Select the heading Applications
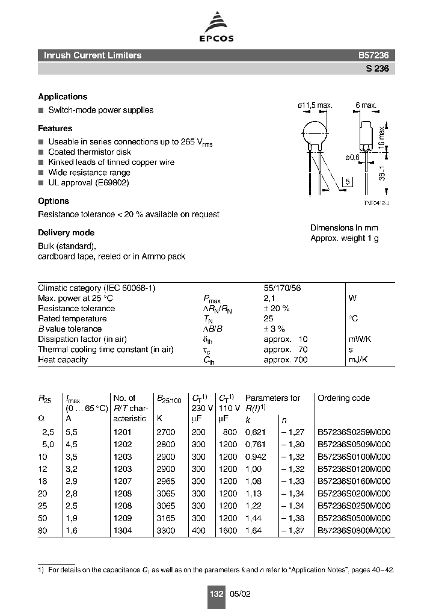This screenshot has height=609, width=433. tap(63, 97)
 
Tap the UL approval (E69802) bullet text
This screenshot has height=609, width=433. tap(88, 183)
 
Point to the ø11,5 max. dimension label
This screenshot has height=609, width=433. tap(315, 105)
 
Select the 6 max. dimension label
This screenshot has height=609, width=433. tap(366, 105)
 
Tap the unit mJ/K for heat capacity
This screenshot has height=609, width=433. tap(358, 360)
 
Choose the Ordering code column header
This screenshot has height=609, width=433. tap(343, 398)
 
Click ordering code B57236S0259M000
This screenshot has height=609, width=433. tap(354, 432)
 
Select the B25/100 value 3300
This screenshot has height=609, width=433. tap(165, 531)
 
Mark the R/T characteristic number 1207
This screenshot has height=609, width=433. tap(122, 481)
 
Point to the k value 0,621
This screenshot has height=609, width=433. tap(256, 432)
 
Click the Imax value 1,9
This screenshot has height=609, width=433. tap(72, 519)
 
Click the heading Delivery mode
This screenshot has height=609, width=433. tap(66, 233)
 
